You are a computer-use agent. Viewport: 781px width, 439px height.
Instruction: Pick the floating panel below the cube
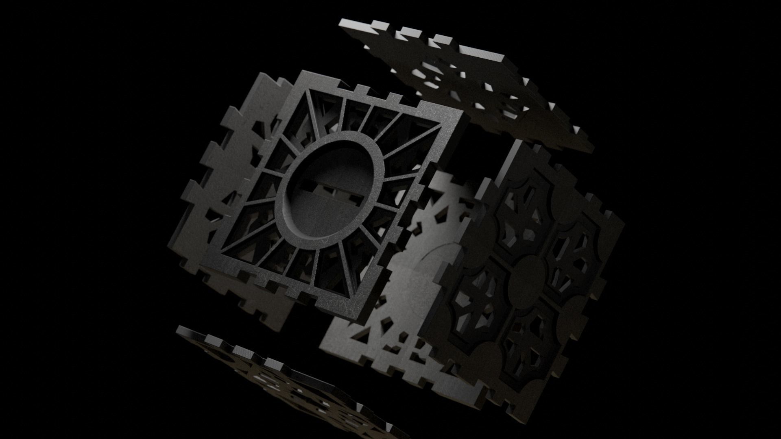[285, 382]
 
